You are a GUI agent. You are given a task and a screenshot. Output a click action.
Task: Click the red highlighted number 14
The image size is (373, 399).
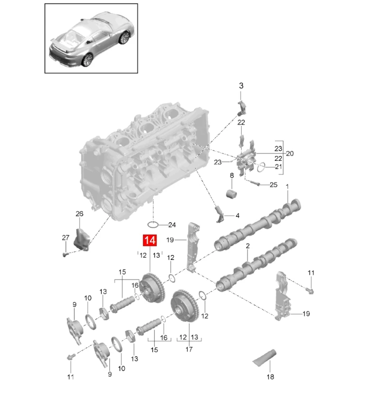click(x=149, y=240)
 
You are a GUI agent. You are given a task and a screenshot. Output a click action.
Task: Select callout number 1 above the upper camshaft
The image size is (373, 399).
click(x=287, y=187)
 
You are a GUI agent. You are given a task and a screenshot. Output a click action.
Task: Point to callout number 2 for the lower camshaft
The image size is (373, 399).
click(x=247, y=246)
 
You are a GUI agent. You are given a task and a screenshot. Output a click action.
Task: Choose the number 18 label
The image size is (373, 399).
click(x=271, y=377)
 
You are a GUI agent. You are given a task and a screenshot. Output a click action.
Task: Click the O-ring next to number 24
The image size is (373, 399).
click(x=154, y=225)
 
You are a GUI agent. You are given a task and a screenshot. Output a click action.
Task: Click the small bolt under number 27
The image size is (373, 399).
click(x=64, y=255)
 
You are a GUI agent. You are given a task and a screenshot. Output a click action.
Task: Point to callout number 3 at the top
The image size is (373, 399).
click(x=241, y=85)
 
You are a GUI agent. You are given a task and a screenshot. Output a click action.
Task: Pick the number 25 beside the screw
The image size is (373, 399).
click(x=273, y=184)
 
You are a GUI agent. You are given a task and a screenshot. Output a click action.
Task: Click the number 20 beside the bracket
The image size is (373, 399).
click(x=290, y=153)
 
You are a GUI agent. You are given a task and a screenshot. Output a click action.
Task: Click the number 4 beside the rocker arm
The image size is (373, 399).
click(x=237, y=215)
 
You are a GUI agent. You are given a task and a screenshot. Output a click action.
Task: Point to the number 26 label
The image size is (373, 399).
click(x=79, y=213)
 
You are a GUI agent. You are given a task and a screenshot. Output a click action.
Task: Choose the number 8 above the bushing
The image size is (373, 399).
click(x=231, y=175)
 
